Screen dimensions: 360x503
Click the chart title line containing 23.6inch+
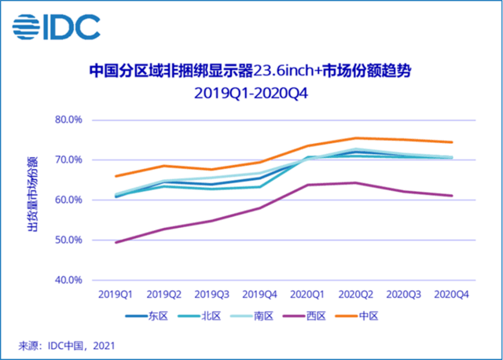pos(251,72)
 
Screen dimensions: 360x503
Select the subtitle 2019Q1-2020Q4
pos(251,93)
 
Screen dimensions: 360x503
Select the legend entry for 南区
pos(260,315)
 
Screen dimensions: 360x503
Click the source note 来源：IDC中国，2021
pos(67,344)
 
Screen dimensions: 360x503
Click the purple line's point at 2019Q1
pos(116,242)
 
